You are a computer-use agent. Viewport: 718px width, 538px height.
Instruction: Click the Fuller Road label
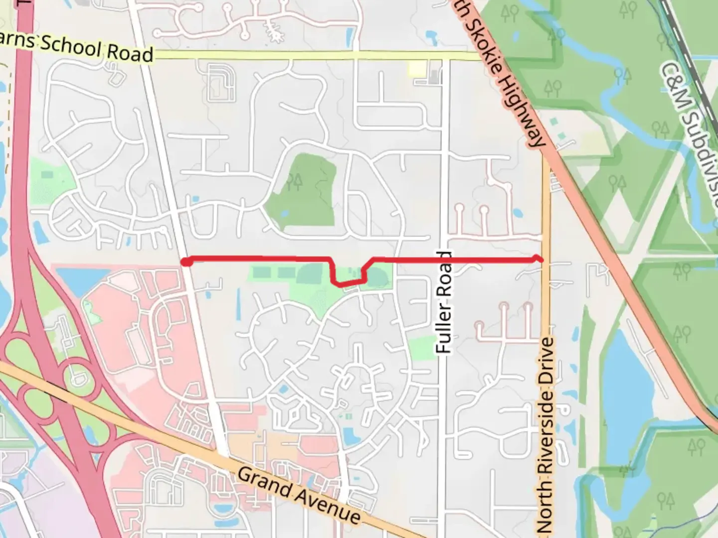[x=443, y=303]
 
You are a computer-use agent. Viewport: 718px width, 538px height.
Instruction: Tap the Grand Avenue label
[x=298, y=495]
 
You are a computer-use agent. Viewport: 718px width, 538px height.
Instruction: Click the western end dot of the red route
[x=186, y=262]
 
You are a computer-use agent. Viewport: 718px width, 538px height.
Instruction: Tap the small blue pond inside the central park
[x=284, y=214]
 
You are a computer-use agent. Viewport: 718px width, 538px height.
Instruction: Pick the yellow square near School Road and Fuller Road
[x=417, y=69]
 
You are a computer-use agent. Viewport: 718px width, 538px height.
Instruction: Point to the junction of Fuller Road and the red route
[x=444, y=260]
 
